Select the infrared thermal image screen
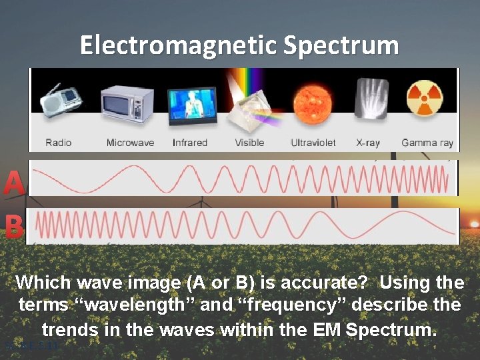pyautogui.click(x=192, y=103)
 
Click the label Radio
pyautogui.click(x=59, y=143)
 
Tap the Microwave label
pyautogui.click(x=130, y=143)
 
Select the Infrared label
pyautogui.click(x=190, y=143)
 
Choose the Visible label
pyautogui.click(x=249, y=143)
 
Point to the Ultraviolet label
pyautogui.click(x=313, y=143)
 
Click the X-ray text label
pyautogui.click(x=369, y=143)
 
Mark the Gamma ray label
pyautogui.click(x=427, y=143)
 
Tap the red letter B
pyautogui.click(x=14, y=227)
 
